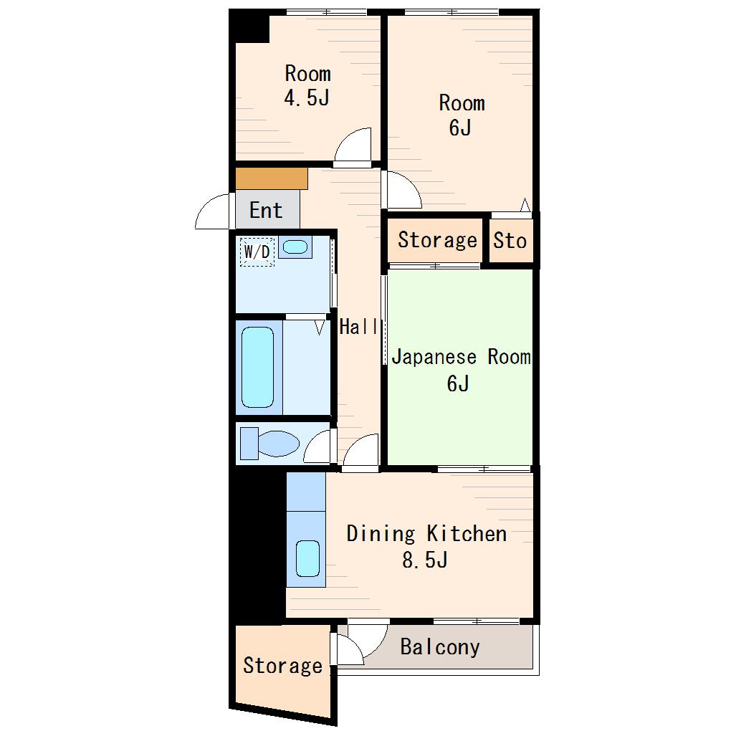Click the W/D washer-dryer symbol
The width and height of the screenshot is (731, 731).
click(257, 252)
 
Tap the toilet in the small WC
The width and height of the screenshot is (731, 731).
click(270, 444)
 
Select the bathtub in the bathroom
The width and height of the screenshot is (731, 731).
click(258, 368)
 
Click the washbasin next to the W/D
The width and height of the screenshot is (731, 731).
click(295, 247)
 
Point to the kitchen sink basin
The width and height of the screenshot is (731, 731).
click(307, 558)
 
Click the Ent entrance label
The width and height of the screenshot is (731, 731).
click(266, 210)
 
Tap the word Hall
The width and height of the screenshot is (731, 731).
click(358, 326)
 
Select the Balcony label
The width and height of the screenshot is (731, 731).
click(440, 648)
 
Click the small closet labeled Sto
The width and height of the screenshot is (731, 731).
click(510, 241)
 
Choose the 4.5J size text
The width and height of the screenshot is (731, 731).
click(307, 98)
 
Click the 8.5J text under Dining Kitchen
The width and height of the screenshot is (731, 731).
click(425, 560)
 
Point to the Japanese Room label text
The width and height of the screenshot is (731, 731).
click(461, 357)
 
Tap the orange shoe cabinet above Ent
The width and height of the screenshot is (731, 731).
click(272, 178)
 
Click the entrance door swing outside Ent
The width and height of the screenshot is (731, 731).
click(213, 211)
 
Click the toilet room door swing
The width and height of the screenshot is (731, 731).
click(317, 446)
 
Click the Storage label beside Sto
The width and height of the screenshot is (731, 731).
click(437, 240)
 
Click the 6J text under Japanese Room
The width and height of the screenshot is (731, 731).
click(458, 383)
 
